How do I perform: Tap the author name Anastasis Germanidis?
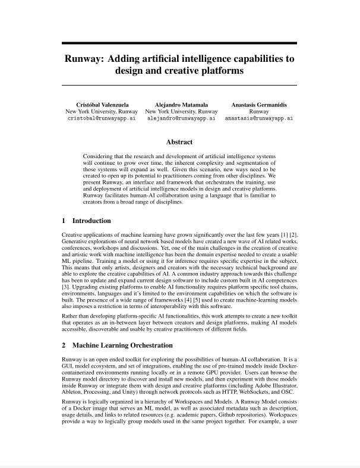[258, 104]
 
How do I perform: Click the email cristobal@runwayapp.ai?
[101, 118]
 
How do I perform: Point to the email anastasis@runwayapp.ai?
[258, 118]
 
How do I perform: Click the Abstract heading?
[179, 142]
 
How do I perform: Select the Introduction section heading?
[91, 221]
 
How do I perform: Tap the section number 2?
[64, 345]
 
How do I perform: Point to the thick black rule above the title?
[179, 43]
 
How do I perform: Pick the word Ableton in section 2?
[74, 392]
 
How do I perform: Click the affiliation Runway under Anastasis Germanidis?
[258, 111]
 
